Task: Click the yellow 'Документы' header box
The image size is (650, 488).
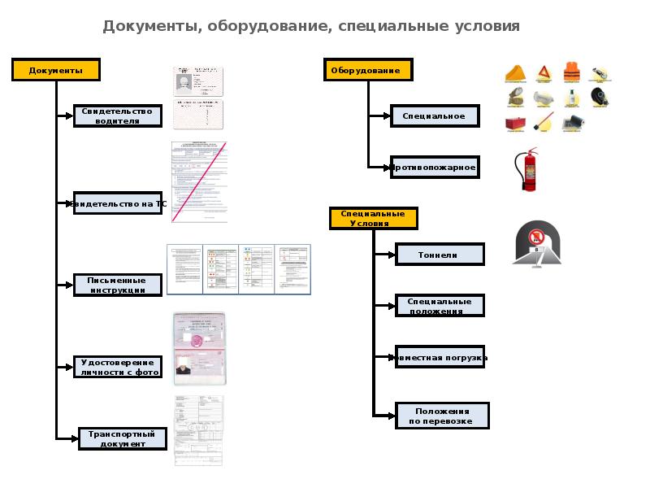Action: pyautogui.click(x=55, y=70)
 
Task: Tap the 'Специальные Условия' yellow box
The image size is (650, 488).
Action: pyautogui.click(x=373, y=219)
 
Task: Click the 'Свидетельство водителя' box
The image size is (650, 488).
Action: pyautogui.click(x=117, y=115)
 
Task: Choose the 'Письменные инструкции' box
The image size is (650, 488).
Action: pyautogui.click(x=116, y=285)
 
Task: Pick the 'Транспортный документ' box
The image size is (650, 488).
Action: pyautogui.click(x=122, y=439)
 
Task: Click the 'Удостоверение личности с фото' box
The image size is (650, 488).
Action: pyautogui.click(x=117, y=367)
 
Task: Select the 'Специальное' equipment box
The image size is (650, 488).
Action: pyautogui.click(x=433, y=116)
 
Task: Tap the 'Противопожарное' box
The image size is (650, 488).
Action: pyautogui.click(x=433, y=168)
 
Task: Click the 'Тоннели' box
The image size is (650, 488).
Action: pyautogui.click(x=439, y=255)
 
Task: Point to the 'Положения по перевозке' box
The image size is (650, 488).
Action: pyautogui.click(x=441, y=416)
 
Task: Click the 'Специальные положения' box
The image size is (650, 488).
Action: pyautogui.click(x=439, y=306)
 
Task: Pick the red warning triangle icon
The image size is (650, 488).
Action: pyautogui.click(x=542, y=73)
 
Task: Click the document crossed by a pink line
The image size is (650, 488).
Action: pyautogui.click(x=199, y=182)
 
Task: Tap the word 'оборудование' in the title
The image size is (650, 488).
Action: pyautogui.click(x=267, y=25)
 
